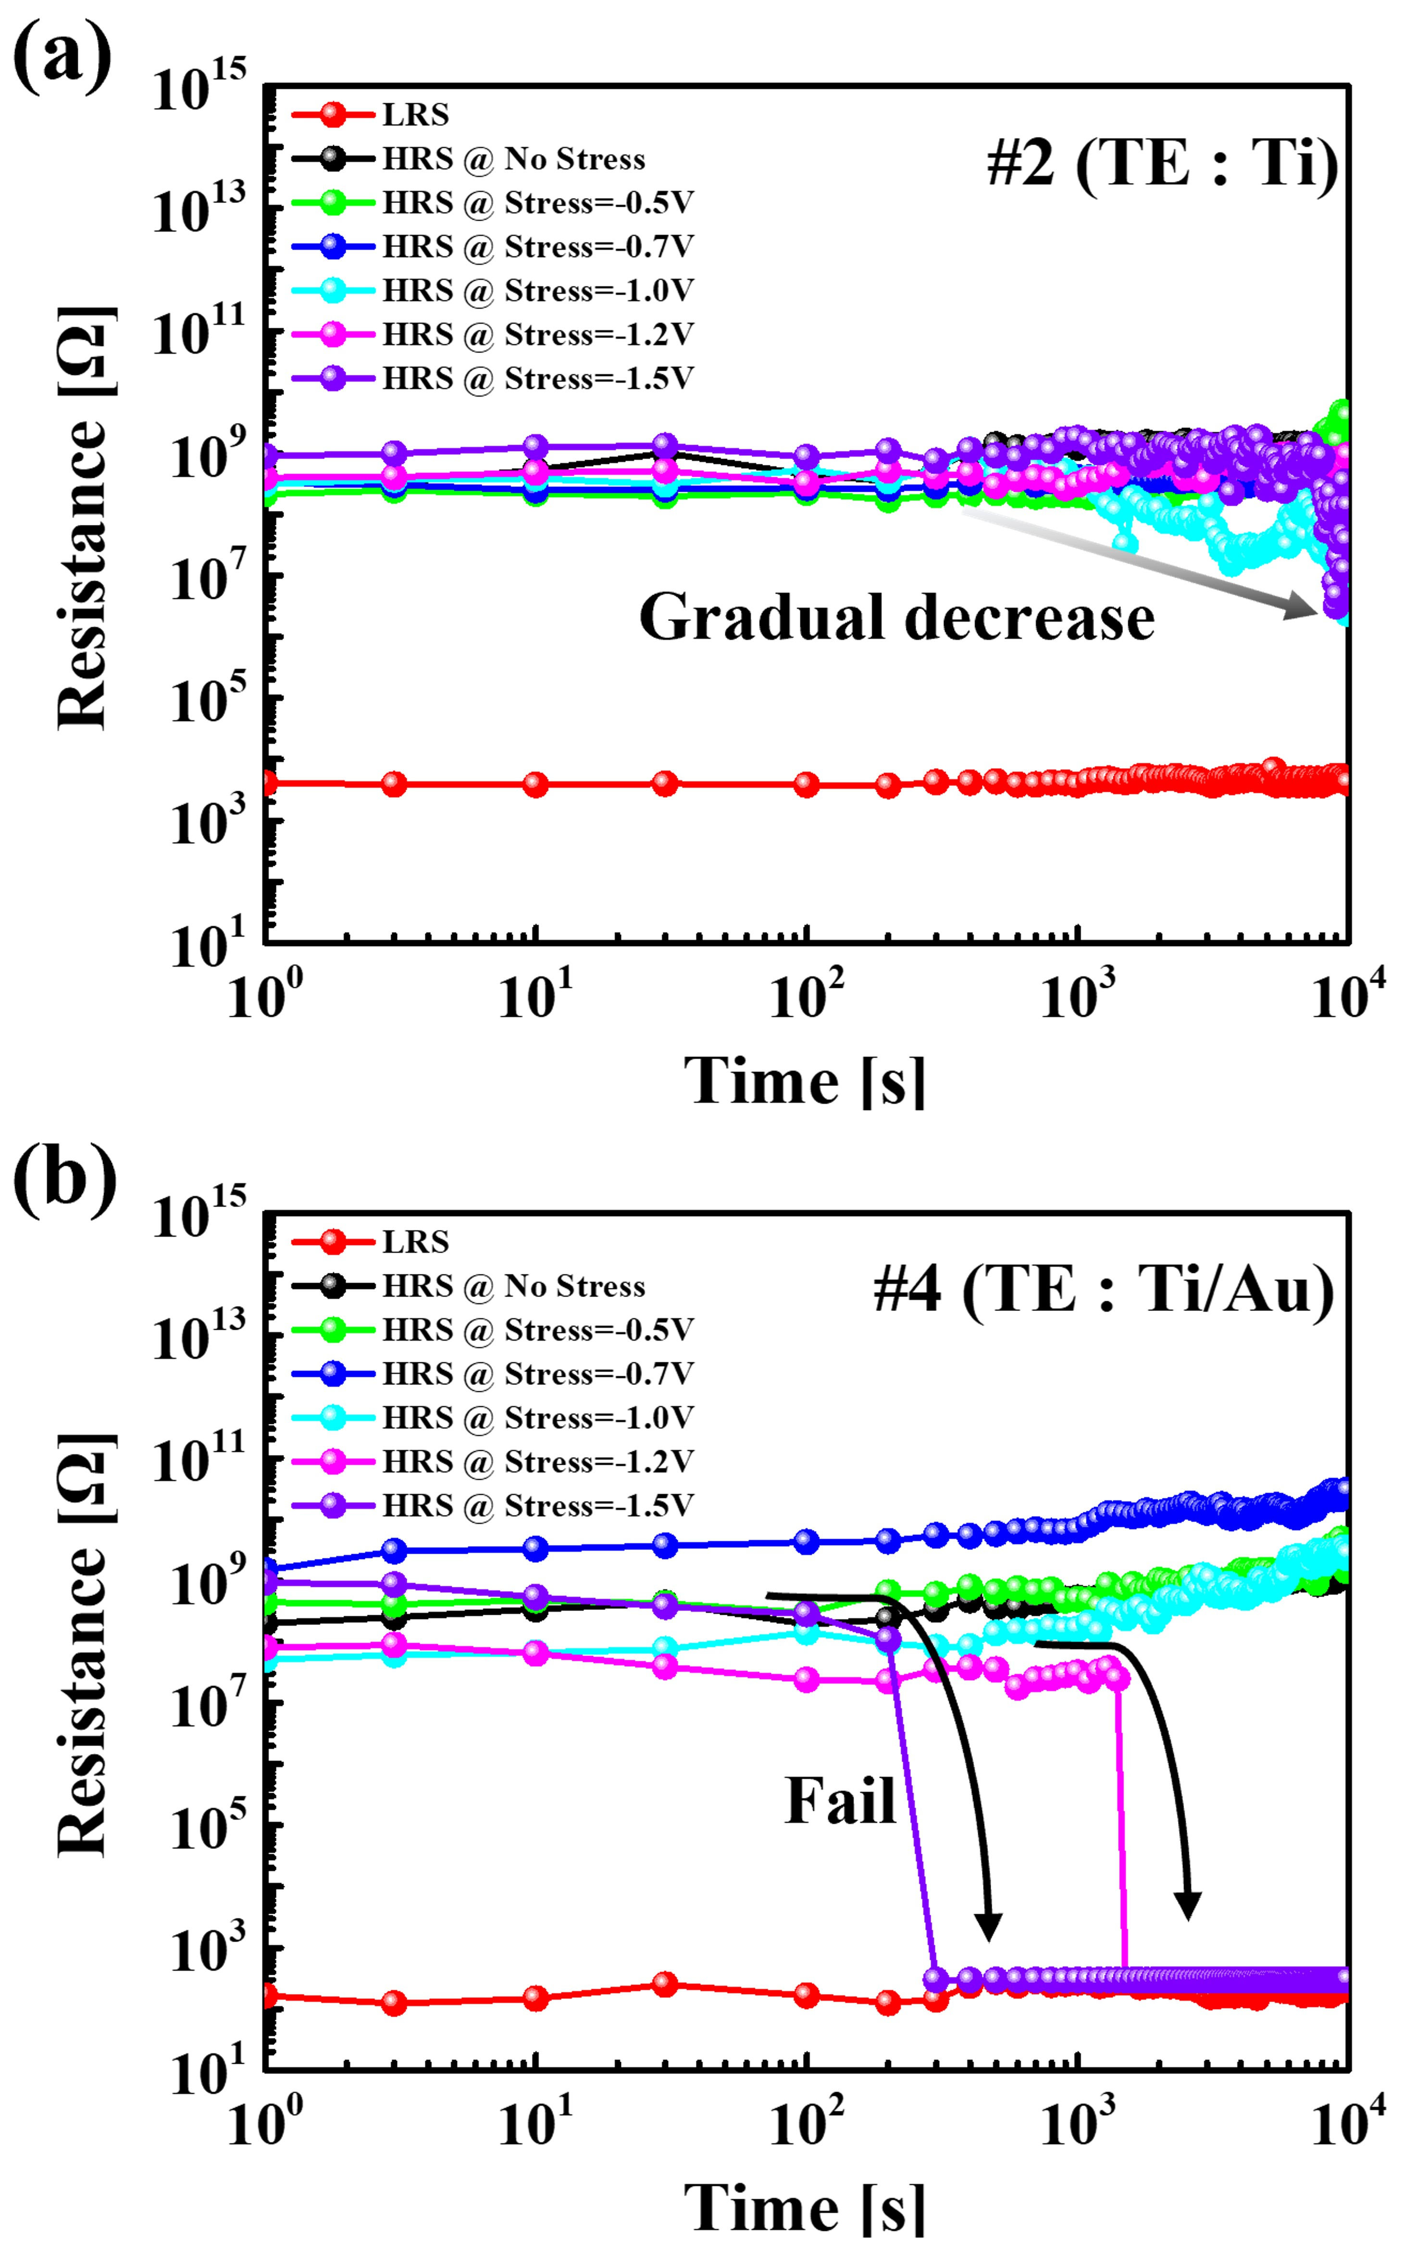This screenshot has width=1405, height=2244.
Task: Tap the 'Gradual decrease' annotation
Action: pos(897,618)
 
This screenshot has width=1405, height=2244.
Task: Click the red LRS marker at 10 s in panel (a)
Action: pos(536,784)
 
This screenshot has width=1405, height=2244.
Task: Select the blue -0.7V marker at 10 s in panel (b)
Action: pos(536,1549)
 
